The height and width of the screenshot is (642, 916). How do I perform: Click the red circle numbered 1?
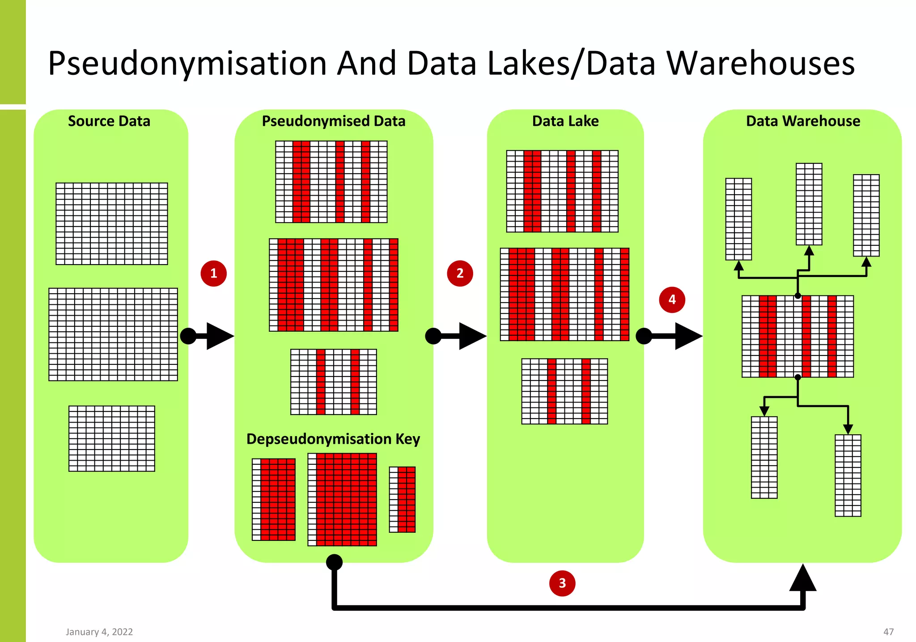pos(213,273)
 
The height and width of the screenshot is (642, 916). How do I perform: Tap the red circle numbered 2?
pos(460,273)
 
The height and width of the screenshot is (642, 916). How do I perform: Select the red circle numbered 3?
pos(562,583)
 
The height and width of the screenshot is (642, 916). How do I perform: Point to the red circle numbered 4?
pos(672,300)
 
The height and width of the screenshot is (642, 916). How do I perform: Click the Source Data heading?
pos(109,121)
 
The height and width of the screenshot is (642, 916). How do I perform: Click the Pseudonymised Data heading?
pos(333,121)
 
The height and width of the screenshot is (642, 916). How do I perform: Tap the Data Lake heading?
pos(565,121)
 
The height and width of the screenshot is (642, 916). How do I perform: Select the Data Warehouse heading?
pos(803,121)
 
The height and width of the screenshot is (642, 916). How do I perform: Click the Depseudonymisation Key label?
pos(333,439)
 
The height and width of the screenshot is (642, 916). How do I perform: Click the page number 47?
pos(888,632)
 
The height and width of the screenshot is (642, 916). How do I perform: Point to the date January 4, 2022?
pos(99,632)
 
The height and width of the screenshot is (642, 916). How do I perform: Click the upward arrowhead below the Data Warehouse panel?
pos(803,578)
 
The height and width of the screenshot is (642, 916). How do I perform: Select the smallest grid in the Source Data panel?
pos(112,438)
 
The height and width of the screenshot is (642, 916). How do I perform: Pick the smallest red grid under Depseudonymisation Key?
pos(402,499)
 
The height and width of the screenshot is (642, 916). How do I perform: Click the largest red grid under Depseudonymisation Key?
pos(342,499)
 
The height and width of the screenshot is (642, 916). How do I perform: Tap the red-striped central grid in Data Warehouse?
pos(797,336)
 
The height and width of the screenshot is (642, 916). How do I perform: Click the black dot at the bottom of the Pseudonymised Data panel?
pos(334,562)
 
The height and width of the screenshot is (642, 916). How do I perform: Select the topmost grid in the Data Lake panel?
pos(562,191)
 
